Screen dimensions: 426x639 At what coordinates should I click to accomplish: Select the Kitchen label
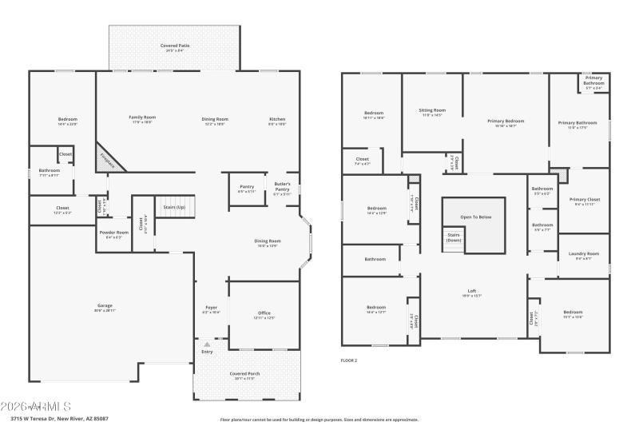tap(277, 120)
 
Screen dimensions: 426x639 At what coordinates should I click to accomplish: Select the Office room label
tap(264, 315)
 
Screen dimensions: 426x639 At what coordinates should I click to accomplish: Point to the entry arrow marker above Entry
tap(207, 344)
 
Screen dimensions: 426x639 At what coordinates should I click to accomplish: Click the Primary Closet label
tap(585, 201)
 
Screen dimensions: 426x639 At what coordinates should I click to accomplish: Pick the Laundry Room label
tap(584, 256)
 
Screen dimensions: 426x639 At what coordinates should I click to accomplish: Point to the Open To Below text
tap(476, 217)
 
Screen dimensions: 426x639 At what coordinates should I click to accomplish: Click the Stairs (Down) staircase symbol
tap(454, 238)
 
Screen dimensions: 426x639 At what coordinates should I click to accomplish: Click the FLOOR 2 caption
tap(349, 360)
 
